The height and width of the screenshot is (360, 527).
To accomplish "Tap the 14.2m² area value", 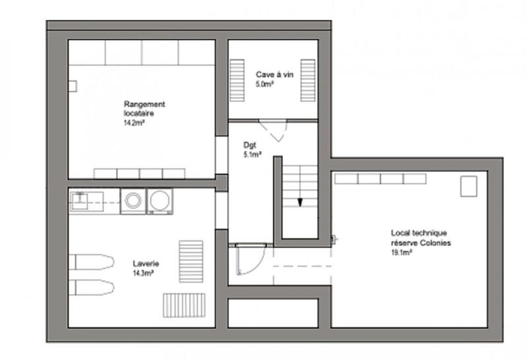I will [x=134, y=123].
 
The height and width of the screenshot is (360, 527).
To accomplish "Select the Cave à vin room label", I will [x=274, y=75].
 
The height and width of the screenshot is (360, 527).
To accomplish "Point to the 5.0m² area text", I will [x=265, y=84].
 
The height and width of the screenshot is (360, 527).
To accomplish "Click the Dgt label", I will [x=249, y=146].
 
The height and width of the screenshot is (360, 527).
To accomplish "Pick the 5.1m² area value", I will [x=252, y=156].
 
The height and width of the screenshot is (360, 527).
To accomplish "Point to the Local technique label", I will [x=419, y=233].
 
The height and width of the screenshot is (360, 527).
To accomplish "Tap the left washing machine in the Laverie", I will [x=132, y=201].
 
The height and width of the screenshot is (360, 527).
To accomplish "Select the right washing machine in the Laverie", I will [x=160, y=201].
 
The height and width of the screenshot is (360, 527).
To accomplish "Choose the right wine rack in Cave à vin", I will [x=308, y=80].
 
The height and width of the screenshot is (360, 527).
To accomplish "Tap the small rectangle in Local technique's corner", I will [x=468, y=186].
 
